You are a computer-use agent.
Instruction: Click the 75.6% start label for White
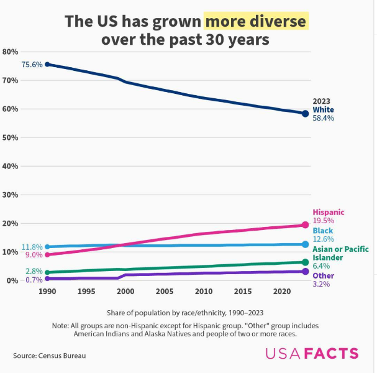click(32, 65)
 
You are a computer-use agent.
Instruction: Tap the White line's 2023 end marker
click(305, 114)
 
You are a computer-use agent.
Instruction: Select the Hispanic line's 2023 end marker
click(305, 225)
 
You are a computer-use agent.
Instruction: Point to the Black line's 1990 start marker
click(47, 247)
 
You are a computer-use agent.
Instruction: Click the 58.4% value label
click(324, 118)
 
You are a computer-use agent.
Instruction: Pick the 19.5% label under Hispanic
click(323, 221)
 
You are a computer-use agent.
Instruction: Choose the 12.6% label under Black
click(323, 239)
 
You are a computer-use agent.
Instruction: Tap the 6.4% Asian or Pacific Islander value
click(320, 266)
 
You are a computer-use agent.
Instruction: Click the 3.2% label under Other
click(320, 284)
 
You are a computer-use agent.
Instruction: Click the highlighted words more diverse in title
click(256, 22)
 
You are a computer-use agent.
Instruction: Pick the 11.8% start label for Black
click(32, 247)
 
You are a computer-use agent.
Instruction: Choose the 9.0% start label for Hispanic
click(34, 255)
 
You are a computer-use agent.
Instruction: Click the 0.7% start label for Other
click(34, 280)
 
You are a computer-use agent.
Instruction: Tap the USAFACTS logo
click(312, 354)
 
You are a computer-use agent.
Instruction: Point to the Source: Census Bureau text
click(49, 356)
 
